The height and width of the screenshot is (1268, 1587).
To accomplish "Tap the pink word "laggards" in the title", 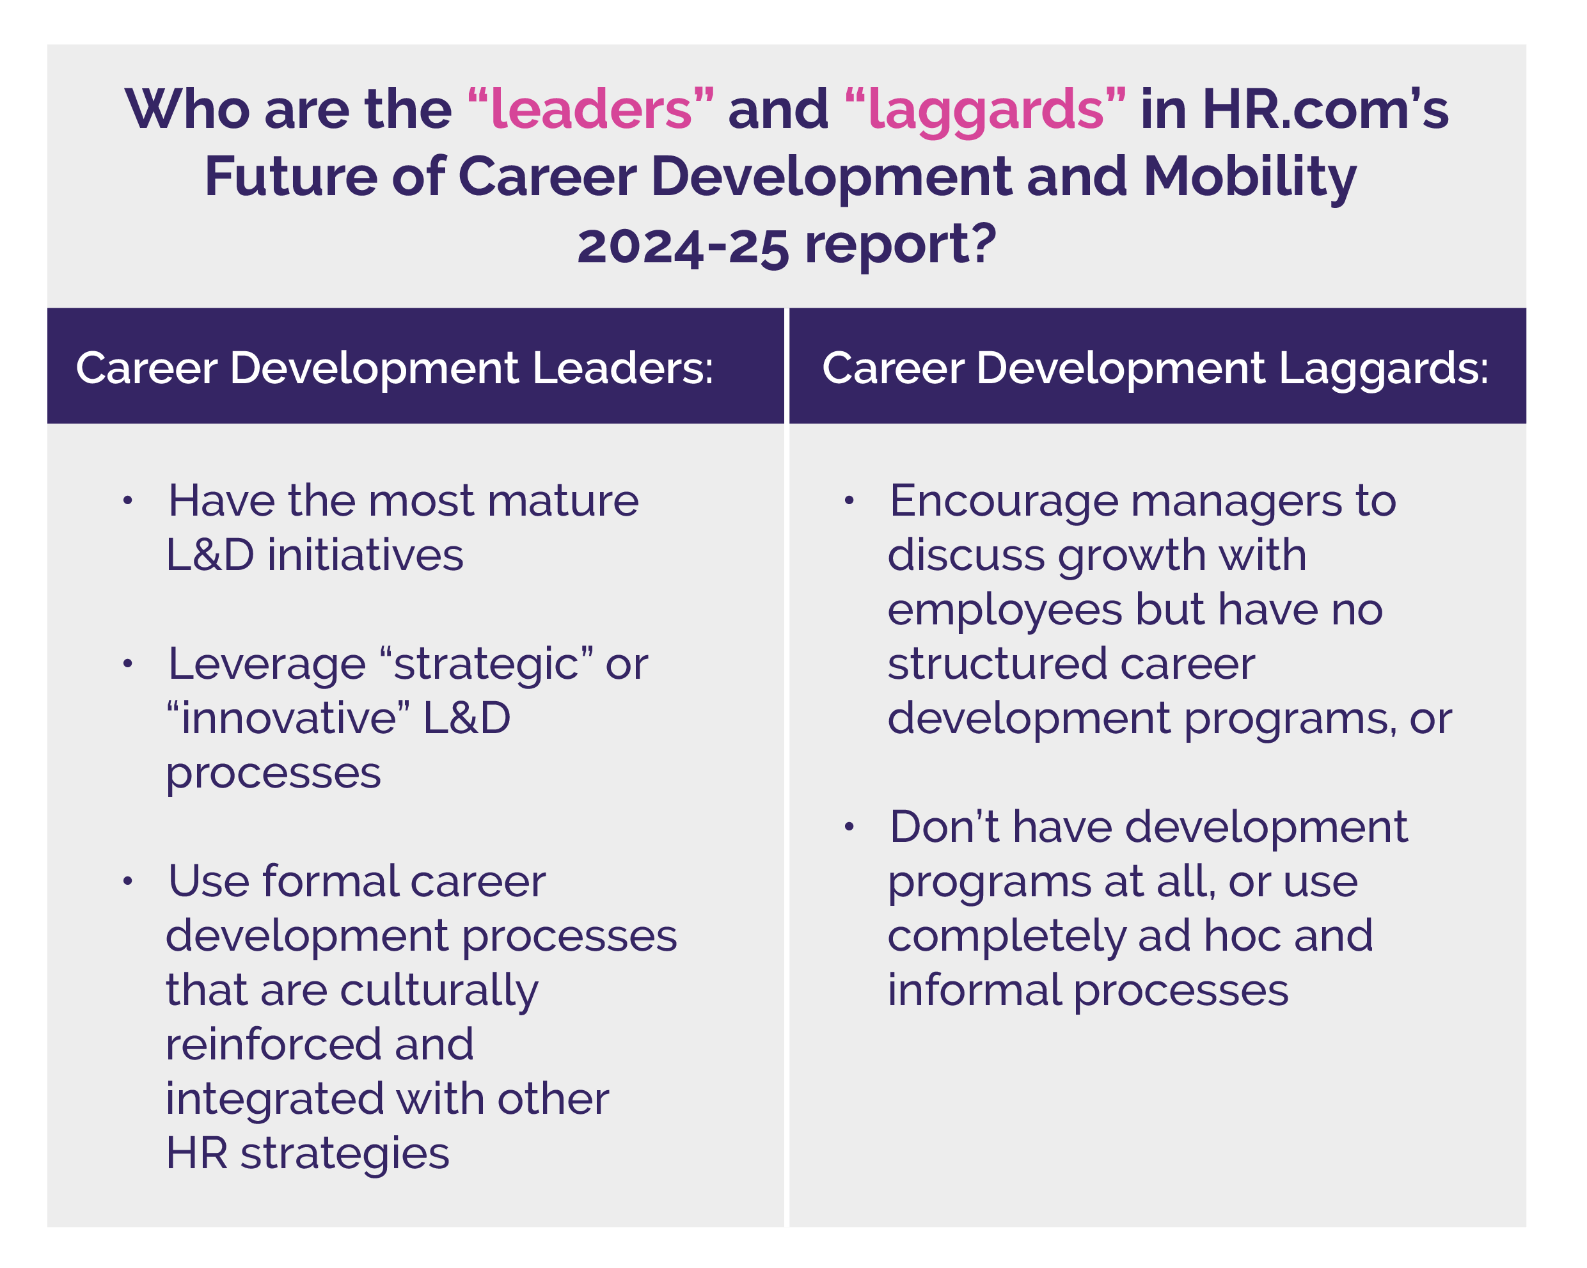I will click(x=986, y=109).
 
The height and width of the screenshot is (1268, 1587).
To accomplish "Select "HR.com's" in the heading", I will click(x=1325, y=109).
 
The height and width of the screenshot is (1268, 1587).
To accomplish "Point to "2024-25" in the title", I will click(x=683, y=244).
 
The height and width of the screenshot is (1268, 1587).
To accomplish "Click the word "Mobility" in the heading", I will click(x=1249, y=177).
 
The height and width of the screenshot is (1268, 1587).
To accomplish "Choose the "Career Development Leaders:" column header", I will click(x=395, y=367).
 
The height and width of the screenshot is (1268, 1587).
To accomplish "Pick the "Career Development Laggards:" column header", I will click(x=1155, y=367).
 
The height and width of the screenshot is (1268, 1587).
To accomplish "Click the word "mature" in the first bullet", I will click(x=563, y=501).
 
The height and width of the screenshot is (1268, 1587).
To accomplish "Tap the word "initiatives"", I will click(x=365, y=555).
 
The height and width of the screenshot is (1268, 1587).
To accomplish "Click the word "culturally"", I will click(x=439, y=990).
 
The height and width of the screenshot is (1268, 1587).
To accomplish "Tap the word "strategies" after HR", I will click(x=345, y=1153).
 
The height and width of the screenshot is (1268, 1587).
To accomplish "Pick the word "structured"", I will click(x=998, y=663).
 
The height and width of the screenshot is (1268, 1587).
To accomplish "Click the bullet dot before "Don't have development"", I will click(x=849, y=827).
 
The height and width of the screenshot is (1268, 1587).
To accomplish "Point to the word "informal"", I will click(x=973, y=990).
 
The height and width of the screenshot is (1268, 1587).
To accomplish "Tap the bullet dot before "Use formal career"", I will click(x=128, y=881).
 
